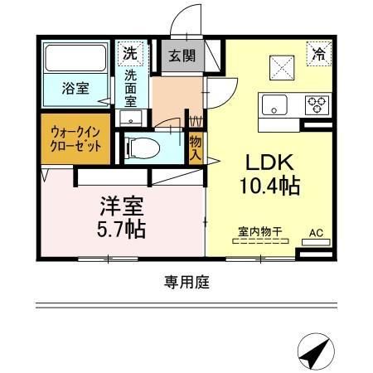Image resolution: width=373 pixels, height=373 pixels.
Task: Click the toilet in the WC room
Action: coord(143,148)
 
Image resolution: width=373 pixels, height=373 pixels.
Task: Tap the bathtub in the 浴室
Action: coord(75,58)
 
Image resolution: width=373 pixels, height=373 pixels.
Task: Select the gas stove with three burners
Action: coord(317,105)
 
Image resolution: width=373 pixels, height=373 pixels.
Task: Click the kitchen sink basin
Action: coord(274,104)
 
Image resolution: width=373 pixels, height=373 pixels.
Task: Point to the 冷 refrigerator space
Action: coord(319,54)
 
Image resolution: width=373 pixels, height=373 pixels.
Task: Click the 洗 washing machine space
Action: coord(130,53)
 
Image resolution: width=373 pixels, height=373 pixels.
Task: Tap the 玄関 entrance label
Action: coord(182,56)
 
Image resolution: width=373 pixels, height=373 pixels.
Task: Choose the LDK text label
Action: coord(269,162)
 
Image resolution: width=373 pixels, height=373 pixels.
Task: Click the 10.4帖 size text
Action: coord(270,186)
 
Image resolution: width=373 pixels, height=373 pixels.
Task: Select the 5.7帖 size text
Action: coord(121,229)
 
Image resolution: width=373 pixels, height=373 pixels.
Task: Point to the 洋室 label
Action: coord(122,206)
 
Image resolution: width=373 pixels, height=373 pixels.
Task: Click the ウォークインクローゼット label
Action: coord(75,139)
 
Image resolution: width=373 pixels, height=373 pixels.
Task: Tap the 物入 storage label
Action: coord(196,148)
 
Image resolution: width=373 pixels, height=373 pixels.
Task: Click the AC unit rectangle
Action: coord(316,242)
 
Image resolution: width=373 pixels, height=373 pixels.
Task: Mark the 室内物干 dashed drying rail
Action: coord(260,241)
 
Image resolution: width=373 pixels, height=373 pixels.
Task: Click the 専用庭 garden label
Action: coord(187,283)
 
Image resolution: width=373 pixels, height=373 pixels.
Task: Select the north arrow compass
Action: coord(316,351)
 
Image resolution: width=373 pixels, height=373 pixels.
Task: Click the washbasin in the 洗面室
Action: coord(131,118)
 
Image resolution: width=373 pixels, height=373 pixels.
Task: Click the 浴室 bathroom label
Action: coord(75,88)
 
